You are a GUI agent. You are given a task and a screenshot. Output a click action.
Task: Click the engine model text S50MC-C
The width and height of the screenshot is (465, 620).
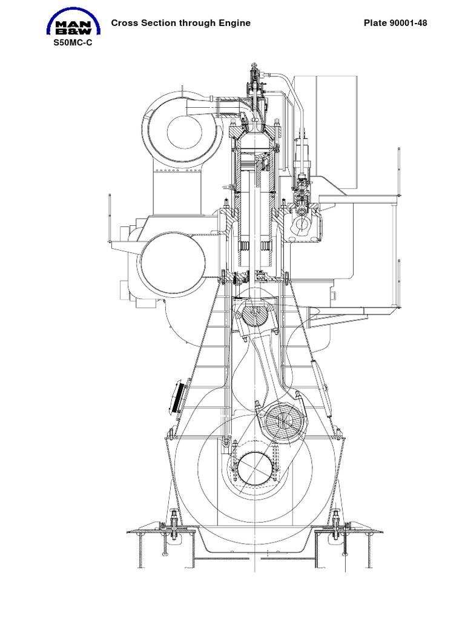72,44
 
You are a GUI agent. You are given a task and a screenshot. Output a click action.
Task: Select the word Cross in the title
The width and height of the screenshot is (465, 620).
124,24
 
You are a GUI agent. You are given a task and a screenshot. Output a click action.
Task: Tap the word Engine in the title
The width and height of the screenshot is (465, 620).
234,24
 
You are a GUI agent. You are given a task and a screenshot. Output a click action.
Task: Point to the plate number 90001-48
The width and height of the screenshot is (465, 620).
411,24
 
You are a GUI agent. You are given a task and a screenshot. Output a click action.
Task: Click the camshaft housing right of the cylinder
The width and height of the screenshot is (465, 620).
302,225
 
